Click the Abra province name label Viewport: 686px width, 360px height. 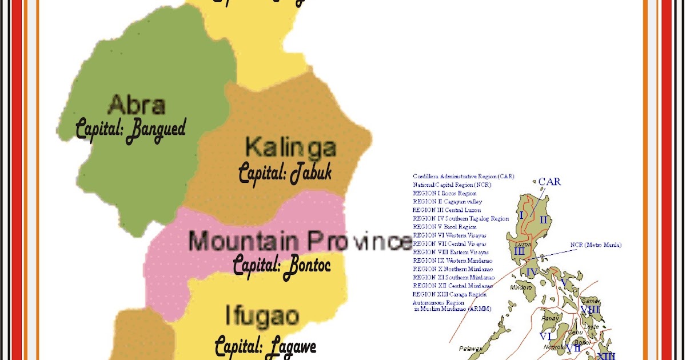[137, 105]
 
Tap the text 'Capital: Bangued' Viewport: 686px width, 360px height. [131, 129]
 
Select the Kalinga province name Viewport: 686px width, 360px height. [290, 147]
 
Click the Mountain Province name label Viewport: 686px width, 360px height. [300, 242]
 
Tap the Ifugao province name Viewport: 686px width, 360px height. [262, 316]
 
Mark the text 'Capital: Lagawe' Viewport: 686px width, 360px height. [265, 346]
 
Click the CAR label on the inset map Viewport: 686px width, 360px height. [550, 182]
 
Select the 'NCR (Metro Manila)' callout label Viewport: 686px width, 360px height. [596, 245]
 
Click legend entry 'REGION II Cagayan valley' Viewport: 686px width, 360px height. [447, 202]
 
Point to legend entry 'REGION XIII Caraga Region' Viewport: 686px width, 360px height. [449, 294]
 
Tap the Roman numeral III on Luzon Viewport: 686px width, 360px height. [519, 251]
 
